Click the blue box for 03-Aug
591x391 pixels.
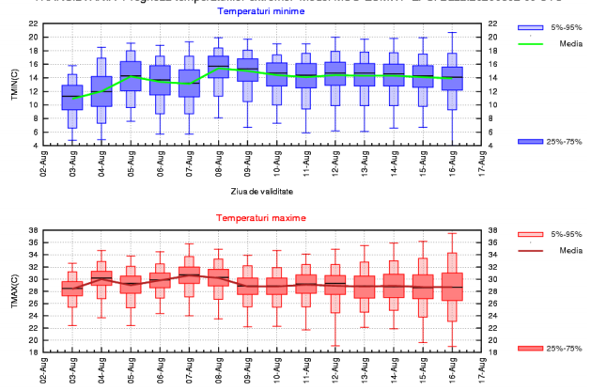(72, 97)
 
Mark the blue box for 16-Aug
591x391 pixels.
(454, 78)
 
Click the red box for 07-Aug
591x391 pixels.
(190, 274)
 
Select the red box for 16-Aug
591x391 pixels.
(454, 287)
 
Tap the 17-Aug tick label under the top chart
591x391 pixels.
(483, 163)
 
